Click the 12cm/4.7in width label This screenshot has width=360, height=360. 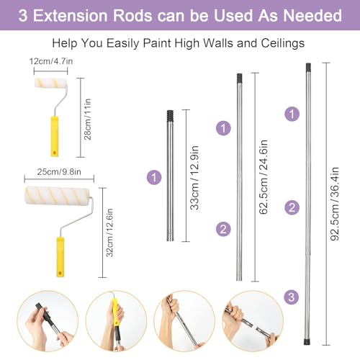(x=51, y=61)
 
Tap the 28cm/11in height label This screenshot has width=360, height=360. (x=88, y=120)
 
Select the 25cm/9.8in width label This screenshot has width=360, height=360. (x=59, y=172)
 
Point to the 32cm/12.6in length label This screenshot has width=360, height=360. (x=109, y=233)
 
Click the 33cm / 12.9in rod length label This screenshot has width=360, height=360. (x=194, y=178)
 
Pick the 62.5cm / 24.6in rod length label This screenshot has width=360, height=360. (x=264, y=177)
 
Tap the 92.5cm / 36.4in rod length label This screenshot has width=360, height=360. (x=335, y=204)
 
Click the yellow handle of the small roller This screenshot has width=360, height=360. (x=55, y=137)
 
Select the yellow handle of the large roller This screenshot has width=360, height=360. (x=60, y=257)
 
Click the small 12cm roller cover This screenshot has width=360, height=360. (x=51, y=83)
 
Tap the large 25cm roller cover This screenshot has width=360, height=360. (x=57, y=196)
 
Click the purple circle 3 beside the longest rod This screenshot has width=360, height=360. (x=292, y=297)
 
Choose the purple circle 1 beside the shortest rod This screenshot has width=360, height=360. (x=154, y=177)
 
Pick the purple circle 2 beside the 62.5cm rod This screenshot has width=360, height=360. (x=223, y=229)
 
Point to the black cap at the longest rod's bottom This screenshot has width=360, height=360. (x=307, y=342)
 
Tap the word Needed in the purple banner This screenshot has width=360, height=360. (x=312, y=16)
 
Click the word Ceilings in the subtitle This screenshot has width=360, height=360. (x=283, y=43)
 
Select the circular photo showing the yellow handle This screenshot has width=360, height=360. (x=116, y=321)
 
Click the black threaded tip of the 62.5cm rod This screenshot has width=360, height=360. (x=239, y=78)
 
